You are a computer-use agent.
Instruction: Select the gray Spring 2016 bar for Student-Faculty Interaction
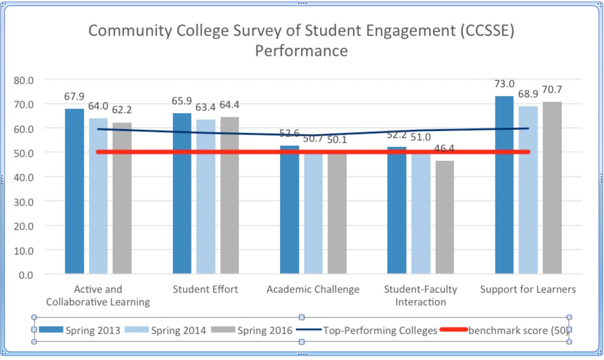pyautogui.click(x=445, y=217)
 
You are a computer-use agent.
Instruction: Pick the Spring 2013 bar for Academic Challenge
pyautogui.click(x=290, y=211)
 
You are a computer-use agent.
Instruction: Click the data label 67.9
pyautogui.click(x=74, y=97)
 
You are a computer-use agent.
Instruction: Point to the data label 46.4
pyautogui.click(x=444, y=149)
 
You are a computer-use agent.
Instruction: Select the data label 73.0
pyautogui.click(x=504, y=84)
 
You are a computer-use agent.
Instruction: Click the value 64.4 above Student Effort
pyautogui.click(x=230, y=105)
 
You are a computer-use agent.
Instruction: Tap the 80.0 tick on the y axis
pyautogui.click(x=23, y=80)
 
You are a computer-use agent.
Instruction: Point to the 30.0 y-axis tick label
pyautogui.click(x=23, y=202)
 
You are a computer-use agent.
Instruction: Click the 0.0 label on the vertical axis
pyautogui.click(x=26, y=275)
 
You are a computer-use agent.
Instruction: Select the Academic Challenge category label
pyautogui.click(x=313, y=289)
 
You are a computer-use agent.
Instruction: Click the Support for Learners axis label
pyautogui.click(x=528, y=289)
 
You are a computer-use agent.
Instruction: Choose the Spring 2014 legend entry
pyautogui.click(x=178, y=331)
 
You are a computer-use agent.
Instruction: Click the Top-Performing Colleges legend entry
pyautogui.click(x=380, y=331)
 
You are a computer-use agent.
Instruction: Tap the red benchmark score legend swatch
pyautogui.click(x=454, y=330)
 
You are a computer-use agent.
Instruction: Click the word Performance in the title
pyautogui.click(x=301, y=51)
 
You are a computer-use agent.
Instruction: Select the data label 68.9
pyautogui.click(x=528, y=94)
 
